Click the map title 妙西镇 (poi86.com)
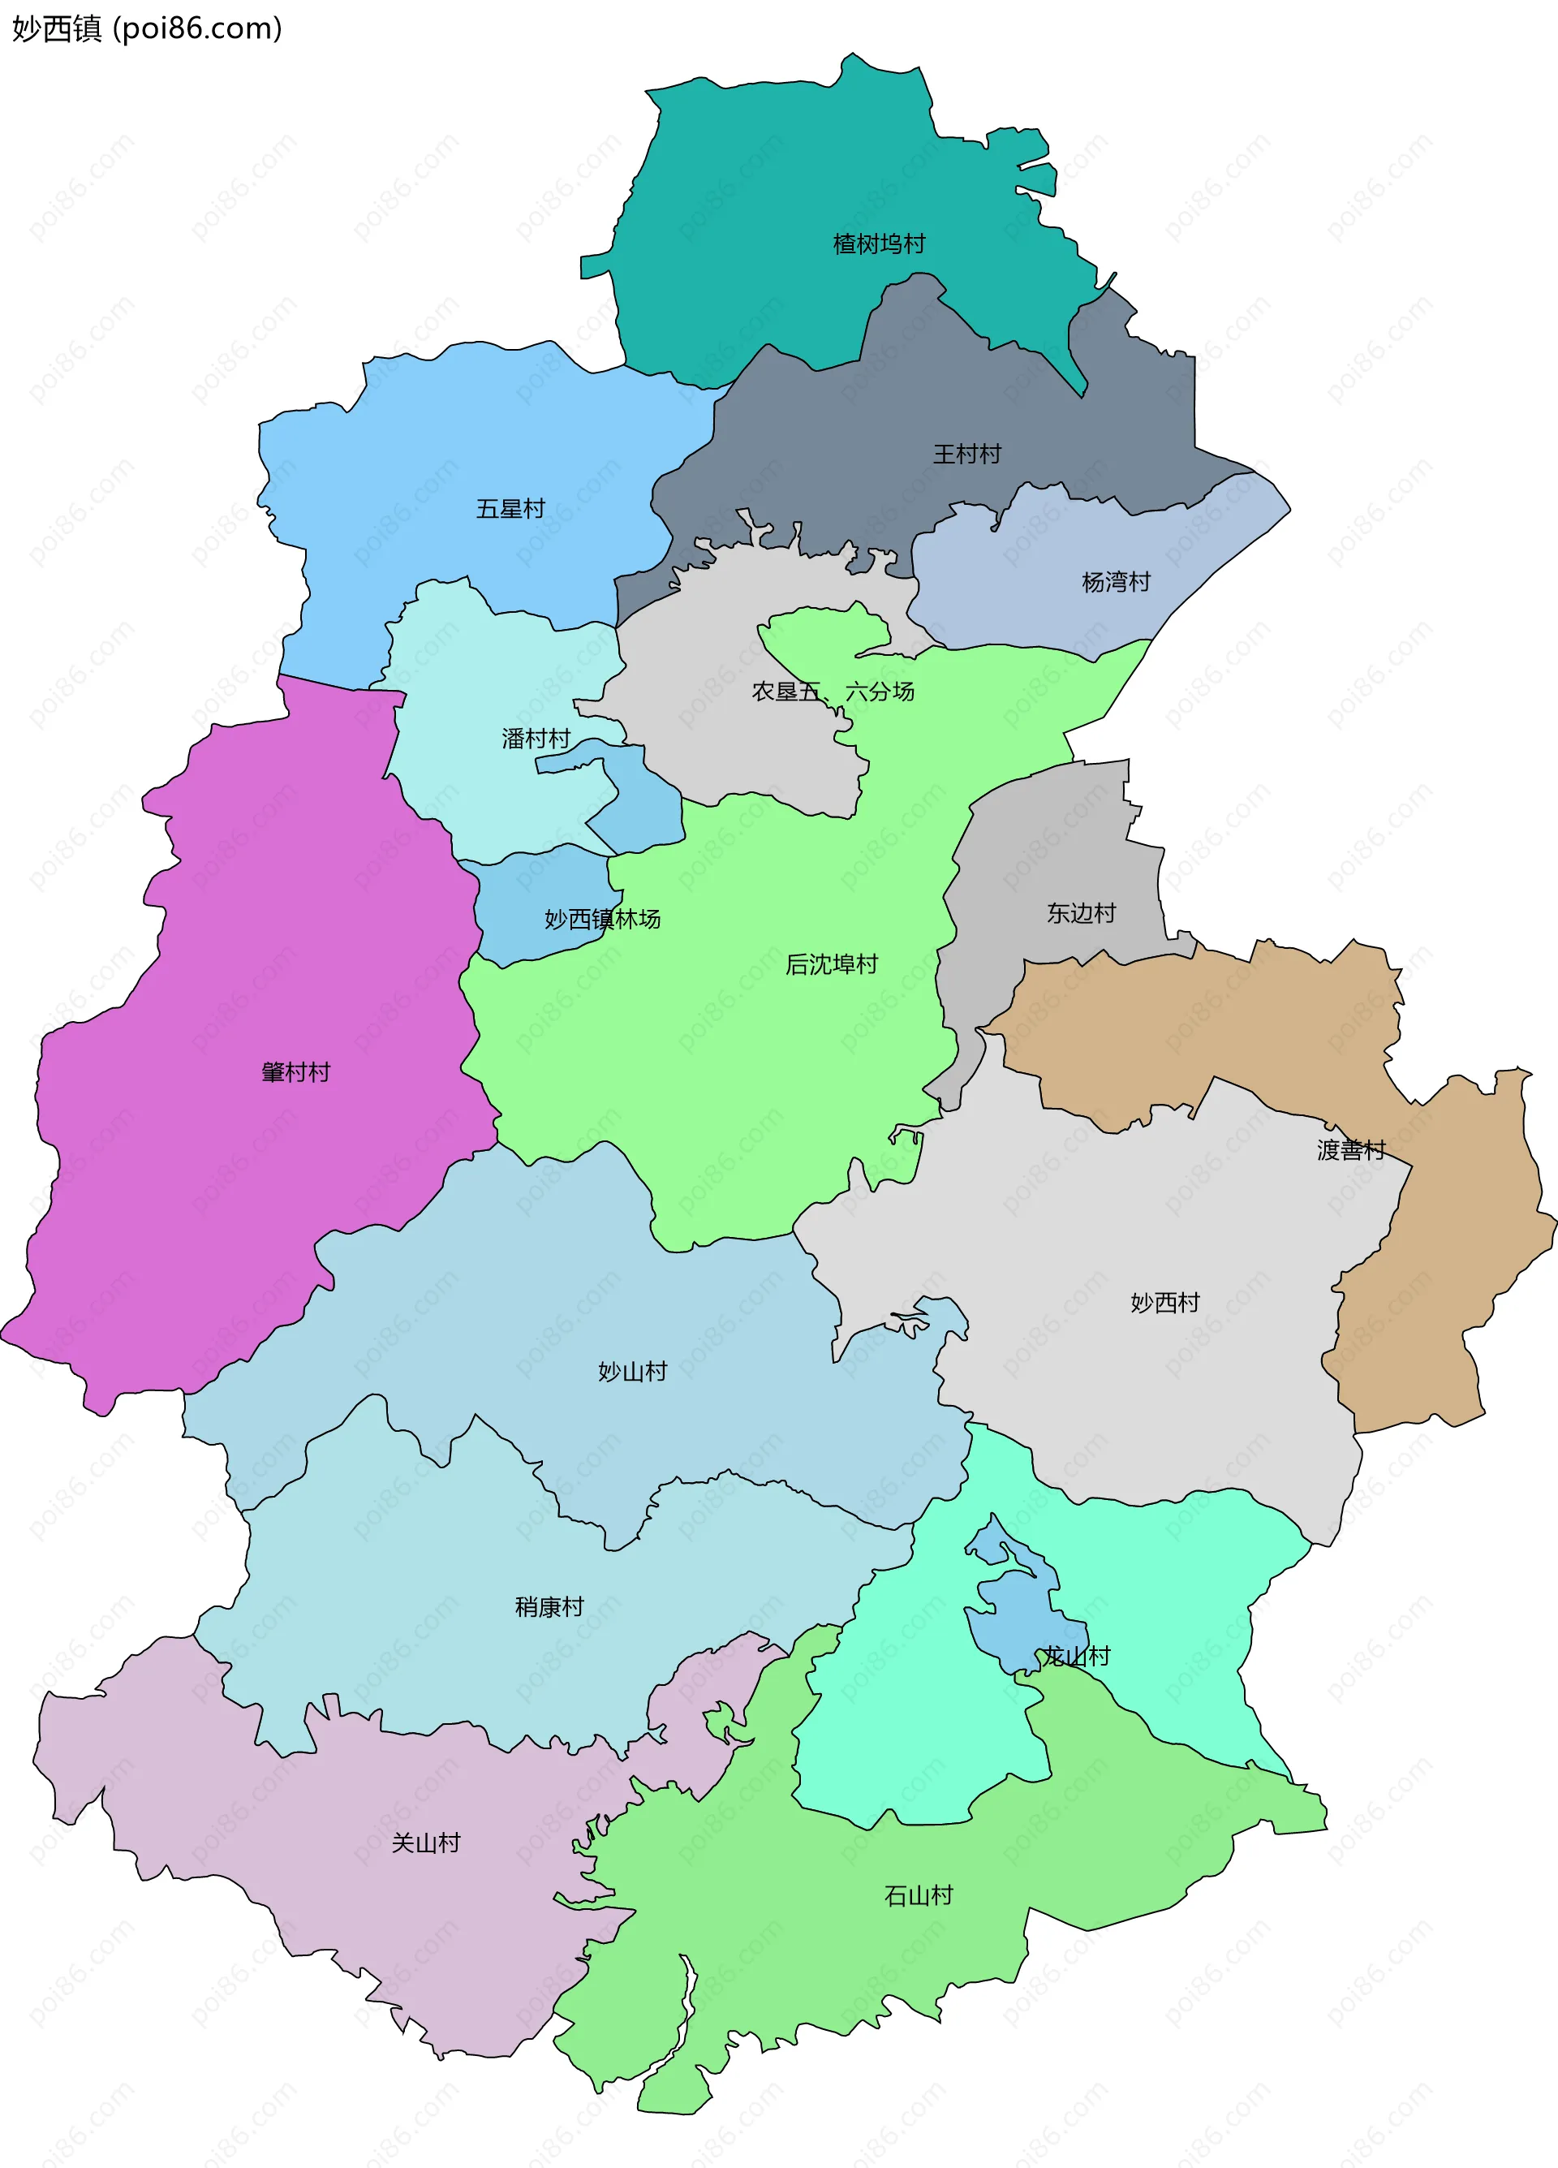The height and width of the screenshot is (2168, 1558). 146,28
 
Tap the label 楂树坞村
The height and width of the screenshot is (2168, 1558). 879,244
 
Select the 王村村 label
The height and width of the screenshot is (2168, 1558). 966,454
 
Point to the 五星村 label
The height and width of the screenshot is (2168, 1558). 510,509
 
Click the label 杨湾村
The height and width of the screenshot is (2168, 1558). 1116,581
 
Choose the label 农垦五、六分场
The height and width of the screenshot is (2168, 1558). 833,691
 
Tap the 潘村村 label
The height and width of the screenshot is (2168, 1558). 536,738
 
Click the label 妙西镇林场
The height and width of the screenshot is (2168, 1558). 602,919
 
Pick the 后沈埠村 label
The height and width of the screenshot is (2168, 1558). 831,964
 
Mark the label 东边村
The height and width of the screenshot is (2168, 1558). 1081,913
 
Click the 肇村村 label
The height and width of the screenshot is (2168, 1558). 295,1071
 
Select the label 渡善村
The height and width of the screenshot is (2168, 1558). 1350,1149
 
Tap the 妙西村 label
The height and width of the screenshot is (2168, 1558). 1164,1302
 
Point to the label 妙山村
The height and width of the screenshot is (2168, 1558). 632,1372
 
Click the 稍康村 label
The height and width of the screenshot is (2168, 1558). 549,1607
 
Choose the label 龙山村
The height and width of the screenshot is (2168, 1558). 1075,1656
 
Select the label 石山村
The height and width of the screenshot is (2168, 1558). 918,1895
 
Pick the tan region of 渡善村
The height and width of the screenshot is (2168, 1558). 1462,1243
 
